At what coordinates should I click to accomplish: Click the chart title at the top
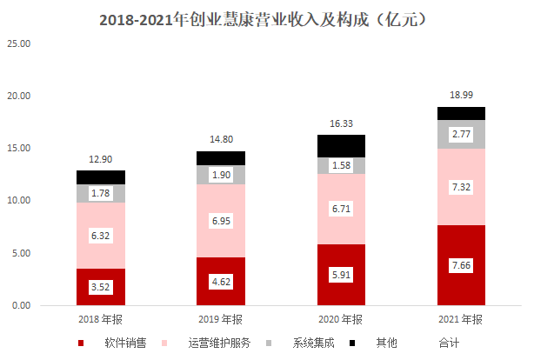pyautogui.click(x=267, y=17)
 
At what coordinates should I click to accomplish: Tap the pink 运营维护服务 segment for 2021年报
pyautogui.click(x=461, y=187)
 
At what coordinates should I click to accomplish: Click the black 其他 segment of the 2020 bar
pyautogui.click(x=341, y=145)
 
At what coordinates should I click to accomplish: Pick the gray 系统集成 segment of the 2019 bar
pyautogui.click(x=221, y=175)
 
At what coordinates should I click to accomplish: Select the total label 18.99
pyautogui.click(x=461, y=94)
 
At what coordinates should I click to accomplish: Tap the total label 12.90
pyautogui.click(x=101, y=158)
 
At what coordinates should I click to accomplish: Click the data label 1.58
pyautogui.click(x=341, y=165)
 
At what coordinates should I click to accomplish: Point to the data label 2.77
pyautogui.click(x=461, y=135)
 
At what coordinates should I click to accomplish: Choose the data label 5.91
pyautogui.click(x=341, y=275)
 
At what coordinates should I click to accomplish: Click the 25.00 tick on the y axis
pyautogui.click(x=17, y=43)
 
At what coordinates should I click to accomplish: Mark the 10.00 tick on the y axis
pyautogui.click(x=17, y=200)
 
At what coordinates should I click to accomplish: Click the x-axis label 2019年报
pyautogui.click(x=221, y=319)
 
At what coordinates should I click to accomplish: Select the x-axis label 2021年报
pyautogui.click(x=461, y=319)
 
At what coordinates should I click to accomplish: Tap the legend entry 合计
pyautogui.click(x=449, y=343)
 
